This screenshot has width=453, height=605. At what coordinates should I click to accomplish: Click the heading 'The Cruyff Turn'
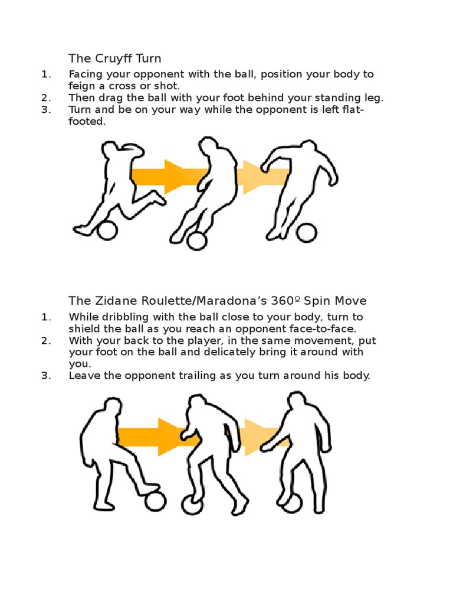[x=114, y=58]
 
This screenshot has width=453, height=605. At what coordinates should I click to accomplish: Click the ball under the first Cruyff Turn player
[x=107, y=230]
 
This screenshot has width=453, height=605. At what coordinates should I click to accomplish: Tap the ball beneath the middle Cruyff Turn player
[x=197, y=240]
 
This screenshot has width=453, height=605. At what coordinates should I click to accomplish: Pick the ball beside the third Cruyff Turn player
[x=306, y=232]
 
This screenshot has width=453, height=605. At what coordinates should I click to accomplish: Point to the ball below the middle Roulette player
[x=192, y=505]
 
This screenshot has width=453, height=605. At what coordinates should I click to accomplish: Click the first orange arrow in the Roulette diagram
[x=153, y=436]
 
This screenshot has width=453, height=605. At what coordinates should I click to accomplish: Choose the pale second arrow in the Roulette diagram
[x=260, y=436]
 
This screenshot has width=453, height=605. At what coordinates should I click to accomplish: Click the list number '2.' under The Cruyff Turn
[x=47, y=97]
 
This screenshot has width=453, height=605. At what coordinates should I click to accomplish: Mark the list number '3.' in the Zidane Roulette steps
[x=47, y=376]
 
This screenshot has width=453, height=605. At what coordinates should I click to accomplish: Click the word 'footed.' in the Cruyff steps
[x=87, y=122]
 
